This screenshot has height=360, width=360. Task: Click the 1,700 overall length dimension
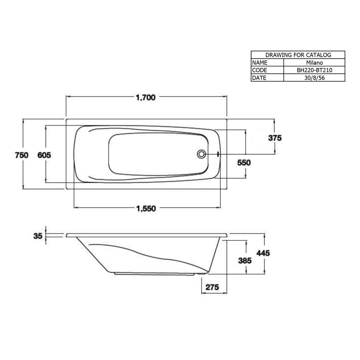tap(145, 98)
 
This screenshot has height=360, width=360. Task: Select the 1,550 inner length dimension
tap(146, 208)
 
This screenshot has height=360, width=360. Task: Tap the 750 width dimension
tap(22, 155)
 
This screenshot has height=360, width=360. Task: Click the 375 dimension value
tap(275, 138)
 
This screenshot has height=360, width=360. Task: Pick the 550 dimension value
tap(244, 162)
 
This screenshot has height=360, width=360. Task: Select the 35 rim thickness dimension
tap(38, 236)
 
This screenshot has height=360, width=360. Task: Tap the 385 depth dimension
tap(244, 260)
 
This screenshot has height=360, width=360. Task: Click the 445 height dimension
tap(264, 253)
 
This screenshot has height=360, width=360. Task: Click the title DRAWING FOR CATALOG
tap(298, 55)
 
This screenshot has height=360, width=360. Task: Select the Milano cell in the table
tap(314, 63)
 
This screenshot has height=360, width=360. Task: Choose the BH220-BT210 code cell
tap(314, 70)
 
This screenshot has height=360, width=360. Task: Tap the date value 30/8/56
tap(314, 78)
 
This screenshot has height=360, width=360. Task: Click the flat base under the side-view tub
tap(156, 274)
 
